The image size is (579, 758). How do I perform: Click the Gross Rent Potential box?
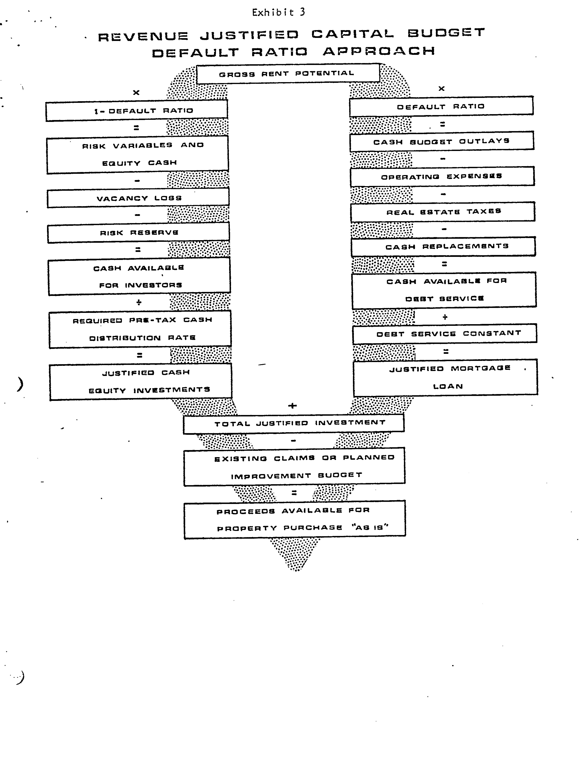pyautogui.click(x=288, y=73)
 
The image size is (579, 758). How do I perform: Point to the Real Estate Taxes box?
pyautogui.click(x=443, y=212)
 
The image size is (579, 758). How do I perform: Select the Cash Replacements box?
pyautogui.click(x=444, y=247)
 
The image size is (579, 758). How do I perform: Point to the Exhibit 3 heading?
pyautogui.click(x=279, y=12)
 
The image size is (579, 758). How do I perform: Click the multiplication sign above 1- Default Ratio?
pyautogui.click(x=136, y=92)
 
